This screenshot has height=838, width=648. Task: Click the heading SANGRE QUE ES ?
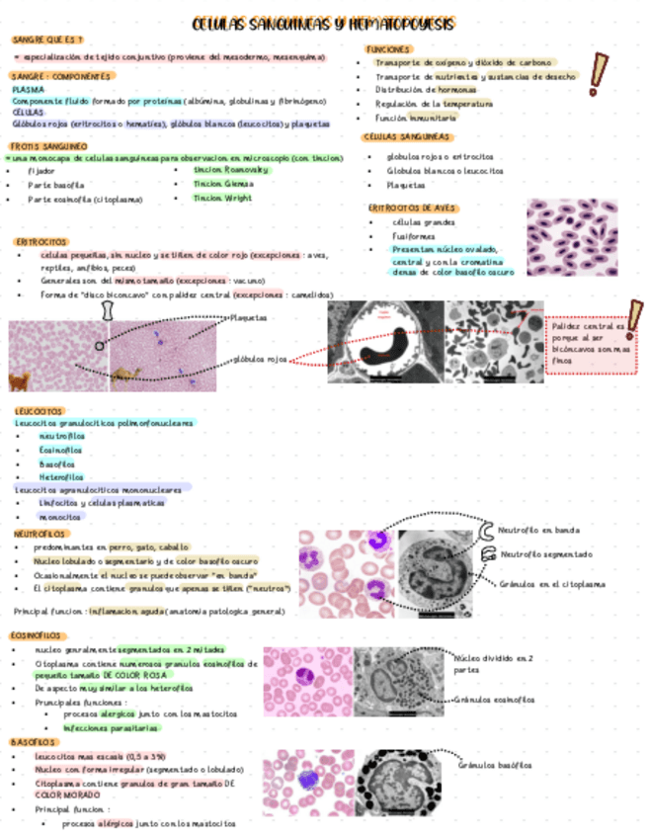point(46,40)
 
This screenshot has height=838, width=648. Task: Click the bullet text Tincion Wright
point(223,198)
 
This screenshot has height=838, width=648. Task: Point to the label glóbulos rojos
point(261,359)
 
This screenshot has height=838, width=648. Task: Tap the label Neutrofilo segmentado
point(546,554)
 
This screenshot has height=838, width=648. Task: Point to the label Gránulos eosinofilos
point(495,700)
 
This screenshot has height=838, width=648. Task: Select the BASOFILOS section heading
point(36,741)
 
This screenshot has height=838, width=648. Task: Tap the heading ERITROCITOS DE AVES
point(414,208)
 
